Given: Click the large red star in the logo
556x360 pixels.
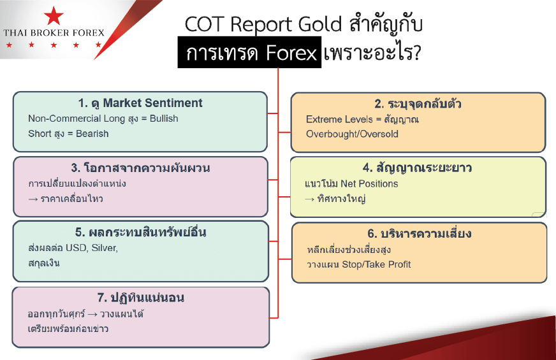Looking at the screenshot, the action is pos(54,16).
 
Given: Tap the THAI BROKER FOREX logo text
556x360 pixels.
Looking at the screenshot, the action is pos(54,33).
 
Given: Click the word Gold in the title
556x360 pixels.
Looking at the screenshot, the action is pos(320,24).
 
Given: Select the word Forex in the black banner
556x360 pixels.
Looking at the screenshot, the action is pos(291,53).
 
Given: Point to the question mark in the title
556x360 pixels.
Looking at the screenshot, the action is pos(416,52).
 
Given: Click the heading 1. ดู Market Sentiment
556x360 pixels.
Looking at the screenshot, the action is pos(140,103).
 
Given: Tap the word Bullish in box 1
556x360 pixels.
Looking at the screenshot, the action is pos(164,119).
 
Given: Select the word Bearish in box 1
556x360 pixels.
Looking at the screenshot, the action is pos(92,134).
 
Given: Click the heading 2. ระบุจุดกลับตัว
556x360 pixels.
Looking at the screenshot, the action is pos(418,104).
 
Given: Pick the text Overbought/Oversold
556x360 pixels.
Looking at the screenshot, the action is pos(352,134).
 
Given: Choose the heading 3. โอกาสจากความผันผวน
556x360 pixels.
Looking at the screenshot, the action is pos(140,168).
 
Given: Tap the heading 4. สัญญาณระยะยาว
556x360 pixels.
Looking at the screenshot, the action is pos(417,168).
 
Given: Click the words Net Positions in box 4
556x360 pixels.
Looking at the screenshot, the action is pos(369,184).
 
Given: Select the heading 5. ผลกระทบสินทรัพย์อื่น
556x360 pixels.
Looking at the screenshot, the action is pos(140,232).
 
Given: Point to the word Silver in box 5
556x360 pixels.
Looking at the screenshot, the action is pos(105,248).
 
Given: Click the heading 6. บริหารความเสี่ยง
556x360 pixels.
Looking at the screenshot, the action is pos(419,233).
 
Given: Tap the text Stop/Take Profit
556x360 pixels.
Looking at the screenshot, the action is pos(376,264).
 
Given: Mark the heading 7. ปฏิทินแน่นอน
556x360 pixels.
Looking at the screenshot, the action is pos(140,298).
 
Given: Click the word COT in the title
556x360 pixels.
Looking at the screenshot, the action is pos(205,24).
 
